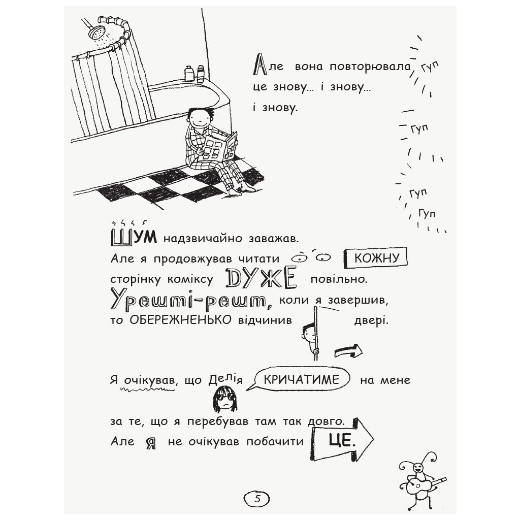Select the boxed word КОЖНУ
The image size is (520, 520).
(x=376, y=258)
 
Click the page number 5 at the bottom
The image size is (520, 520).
(x=257, y=498)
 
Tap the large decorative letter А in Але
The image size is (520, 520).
(x=258, y=66)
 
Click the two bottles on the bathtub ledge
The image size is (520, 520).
(x=194, y=73)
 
